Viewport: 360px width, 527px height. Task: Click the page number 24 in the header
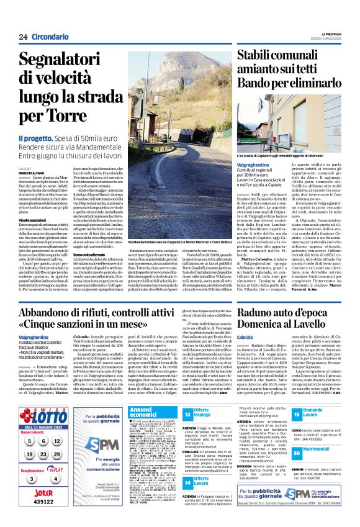(x=23, y=37)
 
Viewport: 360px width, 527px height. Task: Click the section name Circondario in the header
(x=52, y=37)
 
